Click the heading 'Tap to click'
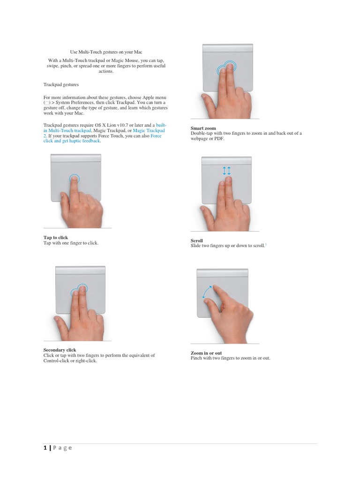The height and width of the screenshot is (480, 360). pyautogui.click(x=56, y=238)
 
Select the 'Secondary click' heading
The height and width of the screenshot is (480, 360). pyautogui.click(x=60, y=350)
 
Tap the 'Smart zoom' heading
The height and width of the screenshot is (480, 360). pyautogui.click(x=203, y=128)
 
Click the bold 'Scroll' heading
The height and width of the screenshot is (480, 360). pyautogui.click(x=196, y=240)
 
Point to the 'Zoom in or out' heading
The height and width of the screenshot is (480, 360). pyautogui.click(x=206, y=353)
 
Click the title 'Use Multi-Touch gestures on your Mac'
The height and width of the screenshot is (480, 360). pyautogui.click(x=106, y=52)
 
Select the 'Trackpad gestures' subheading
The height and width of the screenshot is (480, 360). pyautogui.click(x=61, y=85)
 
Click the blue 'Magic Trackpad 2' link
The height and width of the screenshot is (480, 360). pyautogui.click(x=149, y=131)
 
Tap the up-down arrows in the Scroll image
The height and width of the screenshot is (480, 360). pyautogui.click(x=227, y=171)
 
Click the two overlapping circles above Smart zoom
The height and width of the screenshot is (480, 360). pyautogui.click(x=227, y=68)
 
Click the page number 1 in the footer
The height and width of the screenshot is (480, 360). pyautogui.click(x=45, y=448)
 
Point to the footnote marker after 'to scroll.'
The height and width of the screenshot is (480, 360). pyautogui.click(x=266, y=244)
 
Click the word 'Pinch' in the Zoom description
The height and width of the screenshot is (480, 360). pyautogui.click(x=196, y=358)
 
